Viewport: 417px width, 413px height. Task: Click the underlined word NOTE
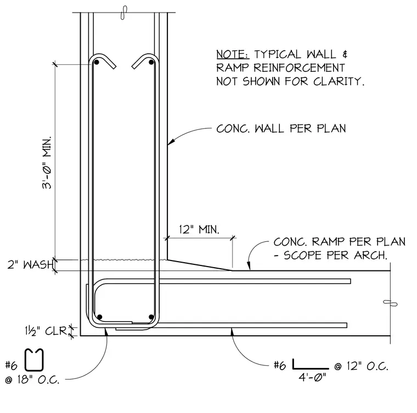click(233, 54)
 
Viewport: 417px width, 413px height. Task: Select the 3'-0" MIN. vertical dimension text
click(47, 163)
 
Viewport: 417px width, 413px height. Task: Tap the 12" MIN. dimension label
click(200, 229)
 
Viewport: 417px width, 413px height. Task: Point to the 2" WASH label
click(31, 265)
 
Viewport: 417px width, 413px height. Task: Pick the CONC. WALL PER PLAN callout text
click(281, 129)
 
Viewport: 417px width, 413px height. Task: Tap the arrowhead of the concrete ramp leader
click(249, 266)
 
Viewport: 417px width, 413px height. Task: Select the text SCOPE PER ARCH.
click(335, 256)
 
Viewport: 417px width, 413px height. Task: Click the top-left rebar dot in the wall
click(97, 62)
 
